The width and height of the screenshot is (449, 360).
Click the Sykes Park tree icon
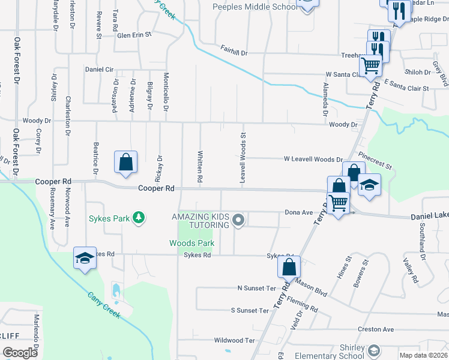(139, 218)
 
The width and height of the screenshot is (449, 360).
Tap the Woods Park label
(191, 243)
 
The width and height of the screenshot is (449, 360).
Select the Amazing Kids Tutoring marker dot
(238, 220)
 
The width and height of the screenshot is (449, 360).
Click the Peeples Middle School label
(255, 7)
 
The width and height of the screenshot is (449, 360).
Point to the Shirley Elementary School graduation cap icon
(373, 350)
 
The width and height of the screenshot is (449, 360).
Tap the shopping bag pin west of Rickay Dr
(125, 163)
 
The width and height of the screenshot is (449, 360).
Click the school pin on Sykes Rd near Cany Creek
(85, 259)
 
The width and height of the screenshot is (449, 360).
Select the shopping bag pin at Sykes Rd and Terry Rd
(289, 267)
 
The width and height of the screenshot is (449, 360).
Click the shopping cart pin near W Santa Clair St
(371, 65)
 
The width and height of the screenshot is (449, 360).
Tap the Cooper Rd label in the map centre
(156, 188)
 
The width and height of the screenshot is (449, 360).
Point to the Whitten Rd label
(200, 166)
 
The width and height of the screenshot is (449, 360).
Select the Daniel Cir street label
(99, 70)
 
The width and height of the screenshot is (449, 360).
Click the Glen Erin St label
(134, 35)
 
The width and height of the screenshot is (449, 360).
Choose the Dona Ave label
(299, 212)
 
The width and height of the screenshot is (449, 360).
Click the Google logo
(19, 353)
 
